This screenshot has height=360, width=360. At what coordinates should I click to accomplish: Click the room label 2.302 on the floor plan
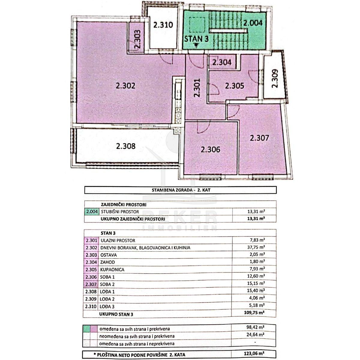125,86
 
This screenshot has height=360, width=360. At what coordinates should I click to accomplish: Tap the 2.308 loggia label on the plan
126,146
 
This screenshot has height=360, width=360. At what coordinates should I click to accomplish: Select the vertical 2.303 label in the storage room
137,39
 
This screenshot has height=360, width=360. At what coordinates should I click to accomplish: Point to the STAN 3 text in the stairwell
196,39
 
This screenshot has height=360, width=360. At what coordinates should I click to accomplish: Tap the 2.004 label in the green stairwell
253,23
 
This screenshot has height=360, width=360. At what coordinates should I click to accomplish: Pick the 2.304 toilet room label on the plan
222,62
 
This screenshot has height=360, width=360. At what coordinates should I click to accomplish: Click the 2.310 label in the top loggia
163,25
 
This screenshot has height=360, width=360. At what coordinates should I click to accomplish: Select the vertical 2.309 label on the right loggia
275,79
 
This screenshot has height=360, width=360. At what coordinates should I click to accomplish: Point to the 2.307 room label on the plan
259,138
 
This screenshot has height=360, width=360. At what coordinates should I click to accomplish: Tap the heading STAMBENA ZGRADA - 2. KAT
181,190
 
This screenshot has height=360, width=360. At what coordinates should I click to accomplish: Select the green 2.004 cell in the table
92,212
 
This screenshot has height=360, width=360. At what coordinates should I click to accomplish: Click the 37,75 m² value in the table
256,247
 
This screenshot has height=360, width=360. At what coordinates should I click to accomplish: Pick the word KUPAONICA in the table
112,270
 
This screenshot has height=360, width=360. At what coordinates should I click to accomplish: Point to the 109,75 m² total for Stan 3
254,313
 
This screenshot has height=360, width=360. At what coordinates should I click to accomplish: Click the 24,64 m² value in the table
255,334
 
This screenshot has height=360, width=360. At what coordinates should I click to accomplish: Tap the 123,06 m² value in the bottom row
254,353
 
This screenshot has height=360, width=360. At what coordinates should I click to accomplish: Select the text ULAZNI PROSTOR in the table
118,241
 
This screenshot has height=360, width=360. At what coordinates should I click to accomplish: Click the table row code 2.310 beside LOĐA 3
91,306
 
